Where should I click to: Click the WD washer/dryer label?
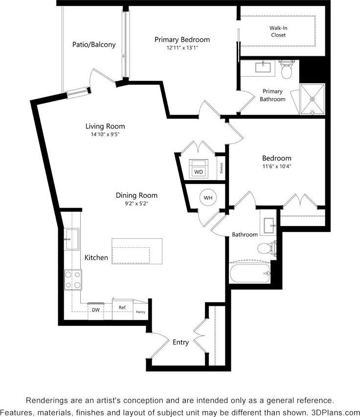point(198,172)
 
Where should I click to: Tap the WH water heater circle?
point(208,198)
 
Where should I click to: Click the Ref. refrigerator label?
point(122,307)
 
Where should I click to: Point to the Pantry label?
point(140,312)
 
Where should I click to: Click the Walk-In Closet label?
point(278,32)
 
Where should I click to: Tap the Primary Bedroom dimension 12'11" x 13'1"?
point(182,48)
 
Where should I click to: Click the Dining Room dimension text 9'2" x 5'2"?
point(136,204)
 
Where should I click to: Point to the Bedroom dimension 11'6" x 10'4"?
point(276,166)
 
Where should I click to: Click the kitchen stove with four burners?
point(73,279)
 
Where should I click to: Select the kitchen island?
point(137,252)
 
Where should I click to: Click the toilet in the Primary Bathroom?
point(286,70)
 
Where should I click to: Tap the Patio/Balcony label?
point(94,45)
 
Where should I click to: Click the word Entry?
point(180,342)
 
